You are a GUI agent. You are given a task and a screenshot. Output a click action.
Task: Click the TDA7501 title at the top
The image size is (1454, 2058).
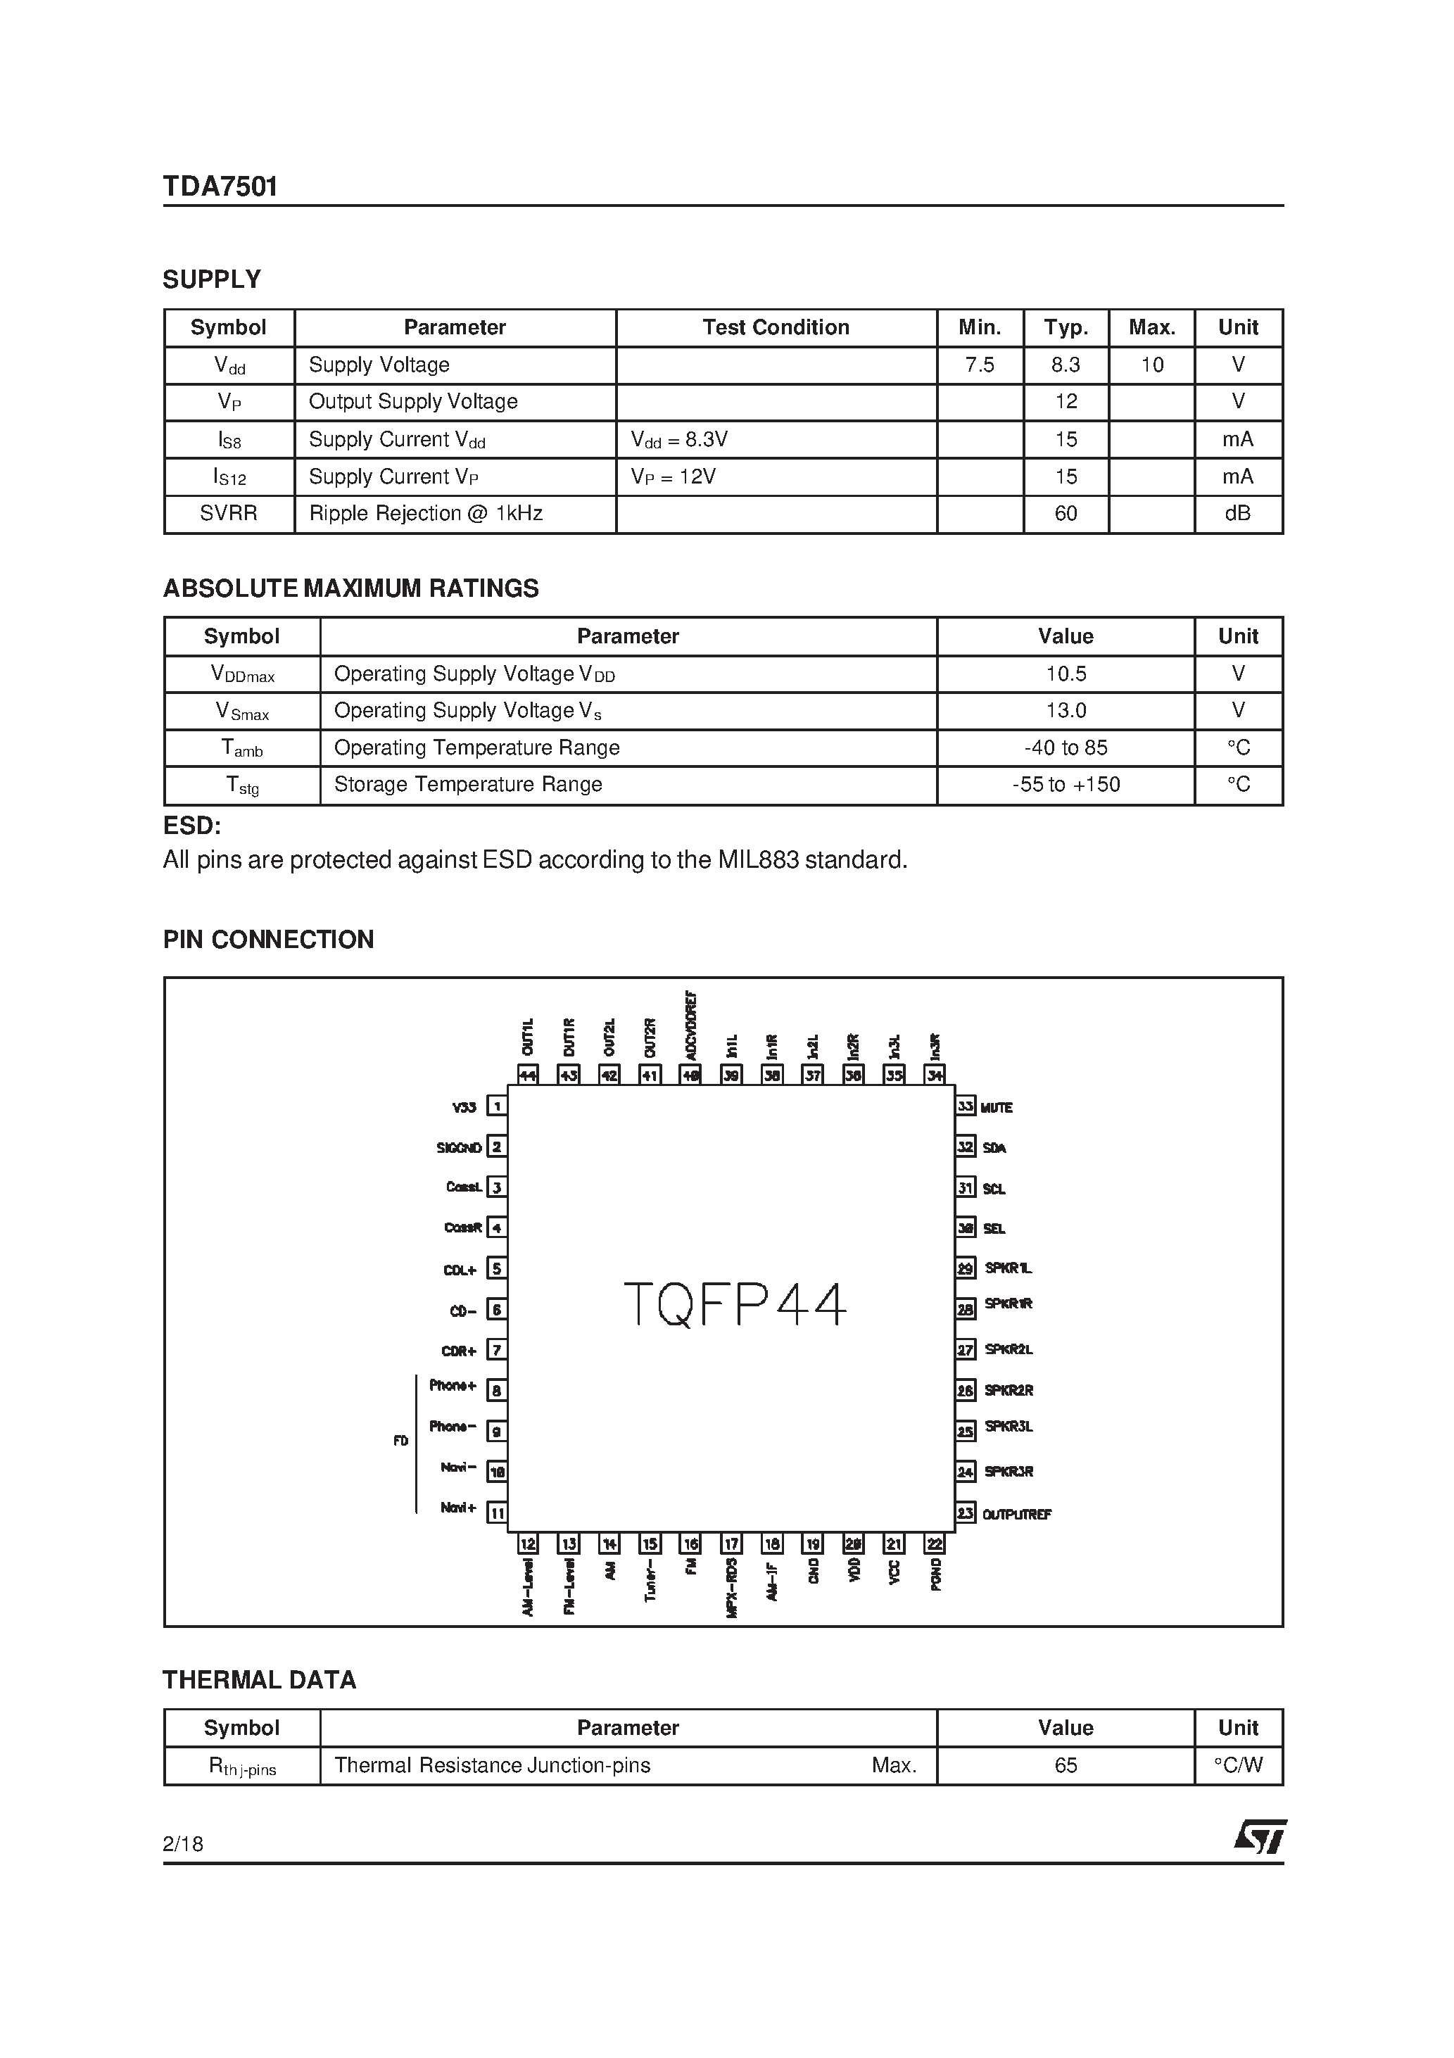[220, 187]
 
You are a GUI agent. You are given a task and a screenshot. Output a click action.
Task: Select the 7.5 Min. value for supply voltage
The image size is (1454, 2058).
[979, 365]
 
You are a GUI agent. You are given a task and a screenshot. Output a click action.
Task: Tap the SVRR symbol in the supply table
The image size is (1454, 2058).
[229, 514]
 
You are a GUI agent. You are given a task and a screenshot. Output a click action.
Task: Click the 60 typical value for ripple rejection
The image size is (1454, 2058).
[1065, 514]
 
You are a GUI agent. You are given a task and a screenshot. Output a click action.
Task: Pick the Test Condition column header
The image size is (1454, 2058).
[776, 327]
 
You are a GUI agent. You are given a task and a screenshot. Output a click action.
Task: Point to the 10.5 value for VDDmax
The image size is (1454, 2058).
[1065, 673]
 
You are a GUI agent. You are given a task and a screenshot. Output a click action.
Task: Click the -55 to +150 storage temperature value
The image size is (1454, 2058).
[1065, 784]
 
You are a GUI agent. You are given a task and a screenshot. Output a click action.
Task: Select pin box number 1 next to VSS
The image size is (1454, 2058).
[497, 1106]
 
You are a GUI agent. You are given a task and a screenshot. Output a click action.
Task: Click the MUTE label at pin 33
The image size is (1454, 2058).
[996, 1108]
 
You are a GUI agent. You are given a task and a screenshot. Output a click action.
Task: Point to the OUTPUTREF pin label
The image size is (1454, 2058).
[1016, 1514]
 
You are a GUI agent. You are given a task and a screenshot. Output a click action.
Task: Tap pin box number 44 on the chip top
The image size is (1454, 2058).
[527, 1075]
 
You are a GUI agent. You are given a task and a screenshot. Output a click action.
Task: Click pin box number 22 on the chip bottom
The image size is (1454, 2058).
[935, 1543]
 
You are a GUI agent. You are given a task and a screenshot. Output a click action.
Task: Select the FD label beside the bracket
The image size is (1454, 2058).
[400, 1441]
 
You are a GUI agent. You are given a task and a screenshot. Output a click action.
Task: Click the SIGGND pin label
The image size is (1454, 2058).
[459, 1147]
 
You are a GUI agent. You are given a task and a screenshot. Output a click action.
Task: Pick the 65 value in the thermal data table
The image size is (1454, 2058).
[1065, 1765]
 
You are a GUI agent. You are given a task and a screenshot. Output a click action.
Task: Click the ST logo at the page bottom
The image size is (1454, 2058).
[1260, 1836]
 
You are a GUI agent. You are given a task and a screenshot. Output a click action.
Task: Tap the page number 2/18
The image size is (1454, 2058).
[183, 1844]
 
